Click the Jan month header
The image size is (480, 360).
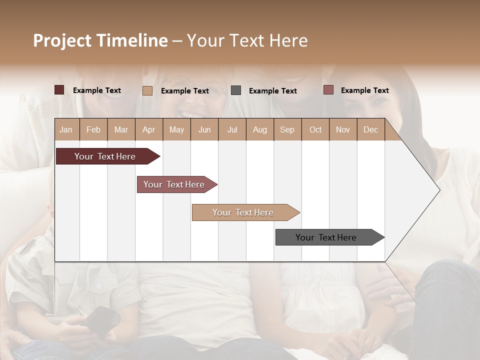66,129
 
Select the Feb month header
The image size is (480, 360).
93,129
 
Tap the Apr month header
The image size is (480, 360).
148,129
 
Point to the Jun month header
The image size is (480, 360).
204,129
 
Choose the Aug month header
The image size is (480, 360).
259,129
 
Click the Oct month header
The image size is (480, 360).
315,129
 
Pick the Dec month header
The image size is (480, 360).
370,129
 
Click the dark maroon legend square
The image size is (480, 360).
59,90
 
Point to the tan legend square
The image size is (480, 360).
147,90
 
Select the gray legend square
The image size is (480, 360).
236,90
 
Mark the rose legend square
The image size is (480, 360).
328,90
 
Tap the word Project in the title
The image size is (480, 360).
62,40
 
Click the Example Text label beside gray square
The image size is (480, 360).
272,90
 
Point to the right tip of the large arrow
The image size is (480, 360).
439,190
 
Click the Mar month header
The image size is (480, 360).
121,129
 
